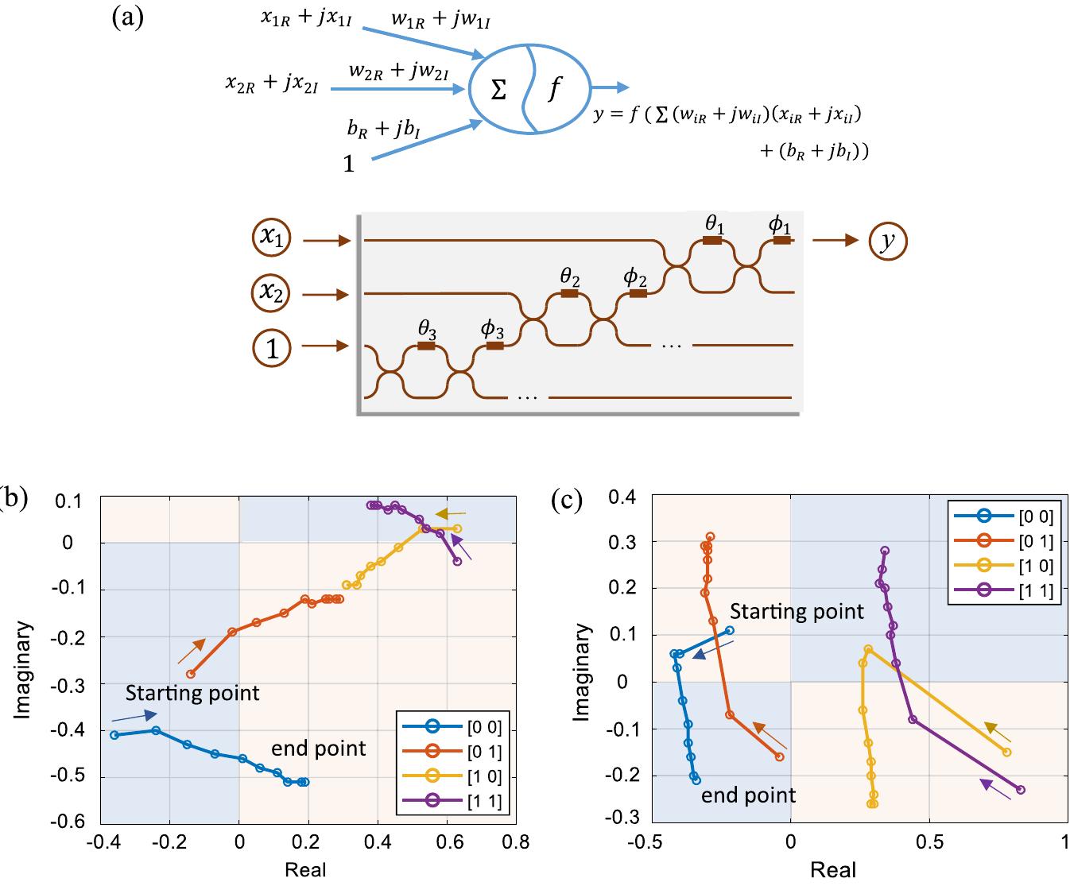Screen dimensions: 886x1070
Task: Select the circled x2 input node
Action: [x=273, y=295]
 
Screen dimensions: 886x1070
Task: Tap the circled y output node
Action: [x=887, y=242]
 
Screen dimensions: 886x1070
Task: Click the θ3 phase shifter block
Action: [x=426, y=346]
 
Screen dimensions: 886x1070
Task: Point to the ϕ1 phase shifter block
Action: [x=781, y=239]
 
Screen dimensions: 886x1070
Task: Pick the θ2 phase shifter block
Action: [x=569, y=293]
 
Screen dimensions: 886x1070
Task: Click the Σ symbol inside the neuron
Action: [x=498, y=91]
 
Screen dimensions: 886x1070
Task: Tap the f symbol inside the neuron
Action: [x=554, y=89]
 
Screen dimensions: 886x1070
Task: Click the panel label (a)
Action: [x=128, y=17]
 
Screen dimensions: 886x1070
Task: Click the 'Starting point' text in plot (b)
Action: [x=192, y=693]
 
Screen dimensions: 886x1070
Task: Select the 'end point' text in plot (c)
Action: [x=748, y=795]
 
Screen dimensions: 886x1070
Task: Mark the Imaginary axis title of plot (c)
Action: [x=583, y=672]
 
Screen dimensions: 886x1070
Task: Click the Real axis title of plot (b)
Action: [x=306, y=869]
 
